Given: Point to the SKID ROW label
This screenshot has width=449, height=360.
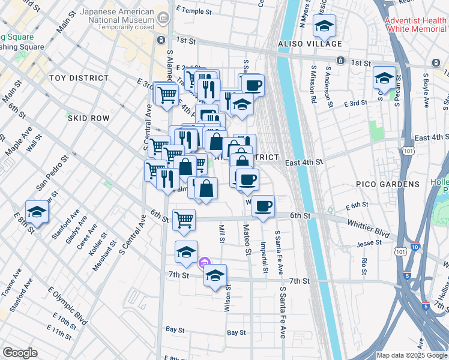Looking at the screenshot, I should (x=88, y=118).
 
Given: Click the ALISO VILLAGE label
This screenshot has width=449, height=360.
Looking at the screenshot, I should (x=310, y=44).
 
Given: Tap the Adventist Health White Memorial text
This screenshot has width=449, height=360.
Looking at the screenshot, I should (x=416, y=25).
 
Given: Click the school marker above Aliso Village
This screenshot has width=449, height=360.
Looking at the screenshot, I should (x=325, y=26).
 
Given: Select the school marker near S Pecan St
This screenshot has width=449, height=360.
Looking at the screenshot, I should (x=384, y=77).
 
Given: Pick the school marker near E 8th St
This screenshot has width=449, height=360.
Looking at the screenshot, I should (x=37, y=212).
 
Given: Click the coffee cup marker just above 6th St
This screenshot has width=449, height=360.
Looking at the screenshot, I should (x=262, y=206).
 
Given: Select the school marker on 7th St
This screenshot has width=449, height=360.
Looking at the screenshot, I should (x=215, y=275).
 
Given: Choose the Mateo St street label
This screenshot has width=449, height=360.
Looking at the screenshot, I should (x=247, y=239).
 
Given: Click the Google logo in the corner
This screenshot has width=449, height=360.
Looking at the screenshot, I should (x=20, y=353).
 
